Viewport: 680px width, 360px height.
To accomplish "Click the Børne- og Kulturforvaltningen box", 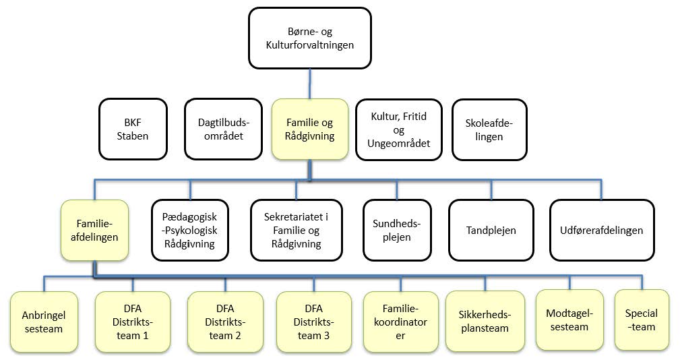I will [x=309, y=38].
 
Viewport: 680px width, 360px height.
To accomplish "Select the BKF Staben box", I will [x=132, y=129].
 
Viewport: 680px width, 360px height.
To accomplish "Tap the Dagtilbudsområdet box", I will [x=222, y=129].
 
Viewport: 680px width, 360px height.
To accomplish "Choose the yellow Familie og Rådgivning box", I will [x=310, y=129].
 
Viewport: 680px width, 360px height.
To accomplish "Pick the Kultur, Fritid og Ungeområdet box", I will [x=398, y=129].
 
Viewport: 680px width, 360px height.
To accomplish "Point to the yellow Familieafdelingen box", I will [x=94, y=230].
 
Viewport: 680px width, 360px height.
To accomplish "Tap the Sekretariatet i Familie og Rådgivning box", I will [x=297, y=230].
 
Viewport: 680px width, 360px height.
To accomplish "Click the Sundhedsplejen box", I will [x=396, y=230].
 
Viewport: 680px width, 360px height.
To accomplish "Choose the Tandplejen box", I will [x=491, y=230].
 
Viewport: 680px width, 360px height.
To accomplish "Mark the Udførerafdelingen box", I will [x=602, y=230].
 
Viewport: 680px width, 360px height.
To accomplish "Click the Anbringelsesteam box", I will [x=43, y=321].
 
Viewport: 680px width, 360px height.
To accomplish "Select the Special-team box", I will [x=641, y=320].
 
